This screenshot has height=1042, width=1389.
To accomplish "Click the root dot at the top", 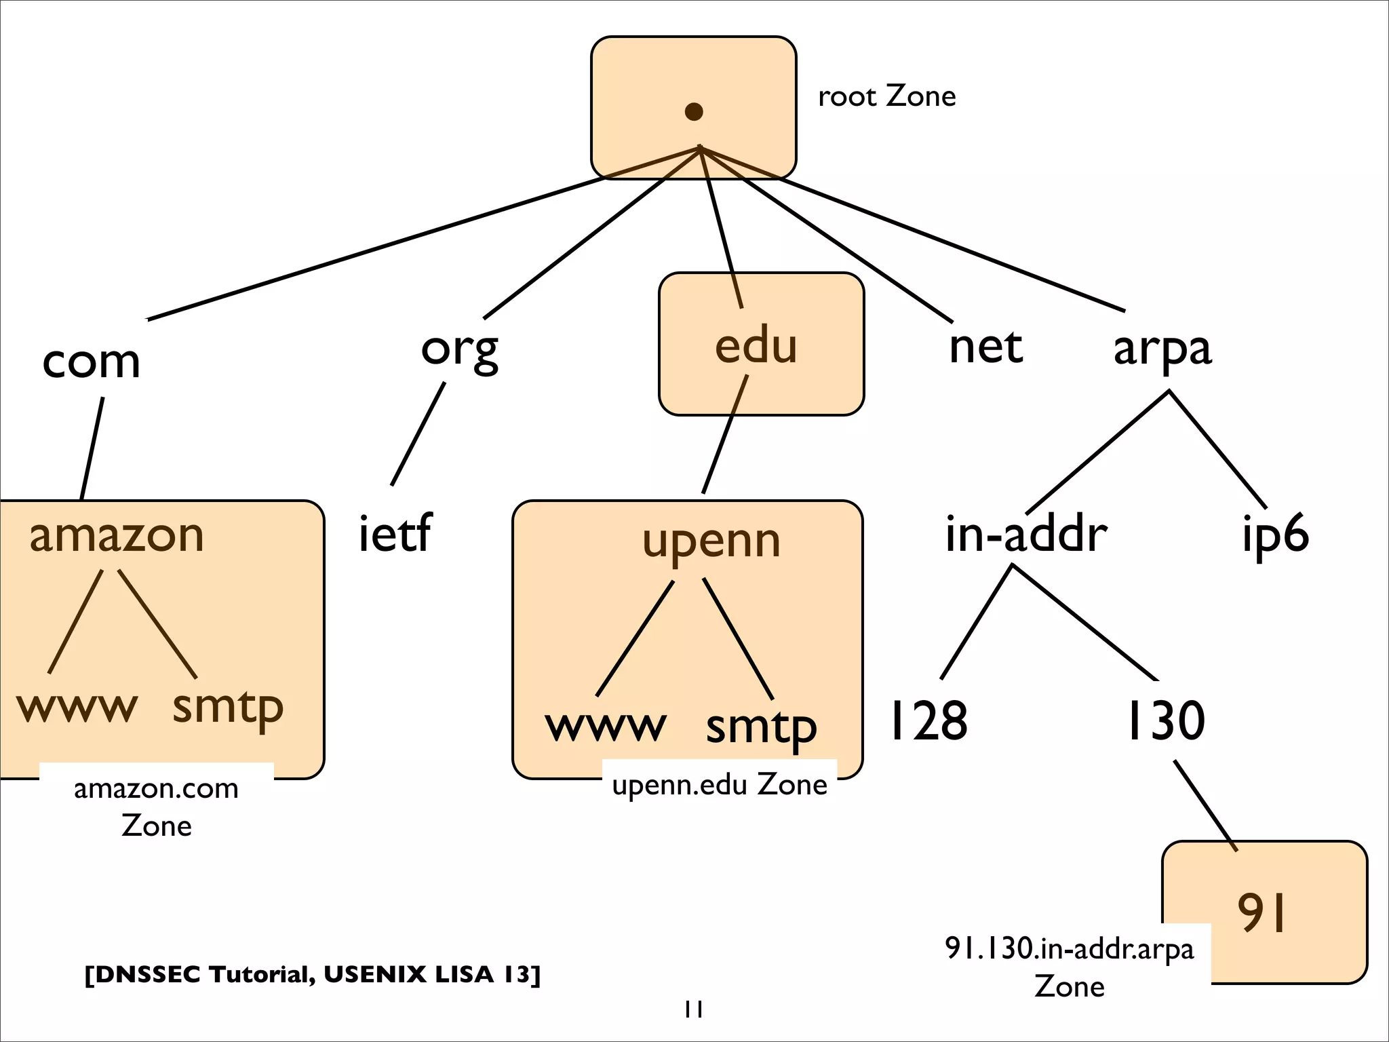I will pyautogui.click(x=693, y=111).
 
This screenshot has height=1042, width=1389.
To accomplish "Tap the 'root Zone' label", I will pyautogui.click(x=886, y=96).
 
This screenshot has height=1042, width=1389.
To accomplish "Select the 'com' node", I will pyautogui.click(x=91, y=361).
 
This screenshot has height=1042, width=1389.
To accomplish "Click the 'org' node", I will pyautogui.click(x=459, y=349).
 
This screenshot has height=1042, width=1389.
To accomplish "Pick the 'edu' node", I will pyautogui.click(x=756, y=345).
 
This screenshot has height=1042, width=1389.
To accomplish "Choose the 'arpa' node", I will pyautogui.click(x=1162, y=349).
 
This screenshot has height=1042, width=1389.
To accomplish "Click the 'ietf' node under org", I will pyautogui.click(x=394, y=533).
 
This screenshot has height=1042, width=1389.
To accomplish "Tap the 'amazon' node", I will pyautogui.click(x=116, y=535).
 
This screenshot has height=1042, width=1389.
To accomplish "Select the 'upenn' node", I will pyautogui.click(x=711, y=541).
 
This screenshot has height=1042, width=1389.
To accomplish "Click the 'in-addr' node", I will pyautogui.click(x=1025, y=534).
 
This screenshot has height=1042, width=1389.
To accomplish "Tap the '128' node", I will pyautogui.click(x=928, y=720).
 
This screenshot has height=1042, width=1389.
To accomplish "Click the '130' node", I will pyautogui.click(x=1165, y=720).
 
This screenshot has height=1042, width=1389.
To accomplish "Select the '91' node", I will pyautogui.click(x=1261, y=912).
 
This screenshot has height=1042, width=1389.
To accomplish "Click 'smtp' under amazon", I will pyautogui.click(x=227, y=708).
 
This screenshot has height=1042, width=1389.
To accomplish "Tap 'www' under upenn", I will pyautogui.click(x=605, y=726).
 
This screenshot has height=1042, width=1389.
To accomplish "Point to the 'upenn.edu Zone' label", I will pyautogui.click(x=719, y=784).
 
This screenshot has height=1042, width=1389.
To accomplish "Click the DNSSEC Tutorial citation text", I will pyautogui.click(x=312, y=974).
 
